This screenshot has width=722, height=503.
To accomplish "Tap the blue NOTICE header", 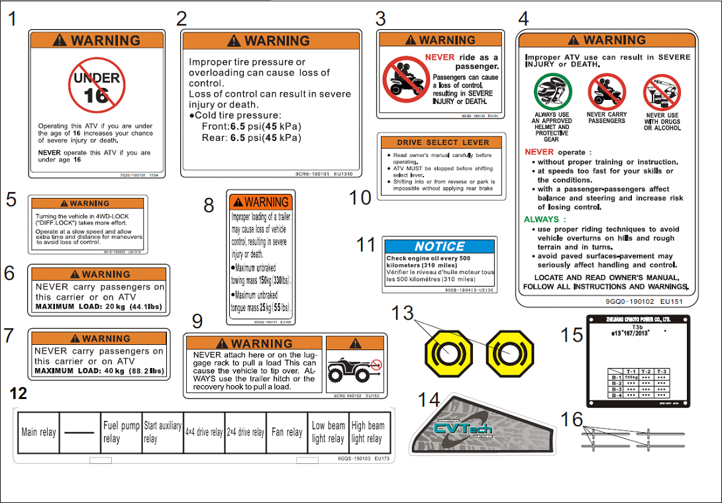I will click(439, 246).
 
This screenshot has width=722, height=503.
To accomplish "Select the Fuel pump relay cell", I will click(121, 432).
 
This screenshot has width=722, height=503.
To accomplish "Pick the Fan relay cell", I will click(286, 432).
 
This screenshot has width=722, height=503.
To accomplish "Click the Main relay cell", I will click(38, 432).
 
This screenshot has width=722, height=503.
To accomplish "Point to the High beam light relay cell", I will click(368, 432).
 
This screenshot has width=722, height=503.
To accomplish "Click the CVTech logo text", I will click(464, 428).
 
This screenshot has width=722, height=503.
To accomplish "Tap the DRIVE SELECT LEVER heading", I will click(442, 142).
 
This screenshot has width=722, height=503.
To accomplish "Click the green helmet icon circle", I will click(552, 91).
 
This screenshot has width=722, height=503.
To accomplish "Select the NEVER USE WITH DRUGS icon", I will click(662, 92).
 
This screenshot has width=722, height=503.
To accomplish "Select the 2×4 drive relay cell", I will click(244, 432).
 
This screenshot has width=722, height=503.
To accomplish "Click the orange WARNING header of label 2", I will click(270, 41).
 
